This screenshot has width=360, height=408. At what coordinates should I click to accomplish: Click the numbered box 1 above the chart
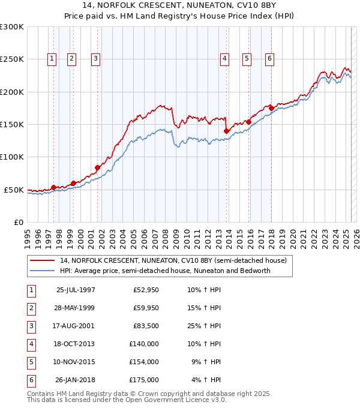point(52,58)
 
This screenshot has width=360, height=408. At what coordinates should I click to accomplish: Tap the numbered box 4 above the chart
point(224,58)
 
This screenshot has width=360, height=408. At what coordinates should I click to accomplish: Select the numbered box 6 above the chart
point(270,58)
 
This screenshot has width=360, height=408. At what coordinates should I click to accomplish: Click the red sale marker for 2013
point(226,131)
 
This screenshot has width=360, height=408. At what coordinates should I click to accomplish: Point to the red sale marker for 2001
point(97,167)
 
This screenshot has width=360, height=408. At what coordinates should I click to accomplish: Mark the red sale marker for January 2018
point(271,108)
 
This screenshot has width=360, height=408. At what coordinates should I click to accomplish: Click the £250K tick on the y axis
point(12,59)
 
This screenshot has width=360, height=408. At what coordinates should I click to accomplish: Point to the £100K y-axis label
point(12,157)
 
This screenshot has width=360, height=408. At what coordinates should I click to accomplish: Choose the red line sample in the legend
point(43,261)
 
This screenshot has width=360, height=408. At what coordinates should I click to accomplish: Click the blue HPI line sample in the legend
point(43,271)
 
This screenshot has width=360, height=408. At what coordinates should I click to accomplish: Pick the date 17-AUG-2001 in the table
point(75,326)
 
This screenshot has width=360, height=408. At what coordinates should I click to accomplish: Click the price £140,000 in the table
point(145,344)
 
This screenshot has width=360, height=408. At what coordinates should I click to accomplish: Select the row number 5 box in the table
point(30,362)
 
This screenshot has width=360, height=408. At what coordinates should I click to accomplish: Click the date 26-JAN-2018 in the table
point(75,380)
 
